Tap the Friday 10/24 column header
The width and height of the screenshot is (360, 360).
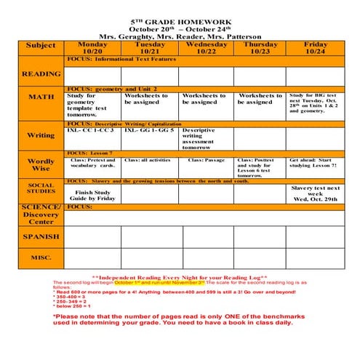[x=315, y=48]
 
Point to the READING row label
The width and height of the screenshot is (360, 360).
[x=41, y=74]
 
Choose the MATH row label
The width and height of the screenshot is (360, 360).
[x=41, y=97]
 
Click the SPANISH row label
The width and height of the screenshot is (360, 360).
[x=41, y=236]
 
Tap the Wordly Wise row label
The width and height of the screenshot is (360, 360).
[x=41, y=165]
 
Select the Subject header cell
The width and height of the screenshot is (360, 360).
[x=41, y=46]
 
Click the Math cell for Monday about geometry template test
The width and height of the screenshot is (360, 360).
[x=87, y=105]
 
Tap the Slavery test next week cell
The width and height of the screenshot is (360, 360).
[x=315, y=193]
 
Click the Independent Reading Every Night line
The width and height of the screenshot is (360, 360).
[x=180, y=278]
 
